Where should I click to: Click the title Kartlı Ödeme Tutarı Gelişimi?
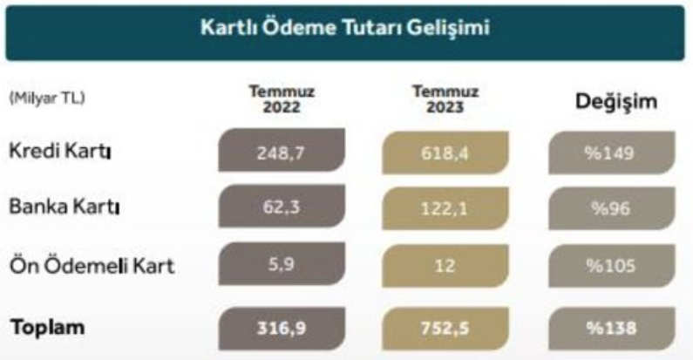pyautogui.click(x=345, y=27)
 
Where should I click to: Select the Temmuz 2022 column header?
pyautogui.click(x=282, y=99)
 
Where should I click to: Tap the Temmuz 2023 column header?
pyautogui.click(x=445, y=99)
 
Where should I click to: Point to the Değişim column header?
pyautogui.click(x=616, y=102)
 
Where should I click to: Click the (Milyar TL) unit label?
pyautogui.click(x=47, y=98)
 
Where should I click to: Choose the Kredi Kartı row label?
pyautogui.click(x=59, y=151)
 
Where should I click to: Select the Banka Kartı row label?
pyautogui.click(x=65, y=207)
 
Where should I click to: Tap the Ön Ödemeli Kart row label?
pyautogui.click(x=92, y=266)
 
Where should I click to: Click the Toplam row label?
pyautogui.click(x=47, y=328)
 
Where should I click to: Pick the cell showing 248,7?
pyautogui.click(x=282, y=150)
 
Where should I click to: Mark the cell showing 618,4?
pyautogui.click(x=445, y=153)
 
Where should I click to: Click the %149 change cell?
pyautogui.click(x=612, y=153)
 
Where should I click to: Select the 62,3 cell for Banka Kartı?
pyautogui.click(x=282, y=207)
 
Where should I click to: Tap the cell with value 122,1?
pyautogui.click(x=445, y=208)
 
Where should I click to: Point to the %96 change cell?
pyautogui.click(x=612, y=208)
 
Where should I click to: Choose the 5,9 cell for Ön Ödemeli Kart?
pyautogui.click(x=282, y=264)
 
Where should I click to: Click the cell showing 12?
pyautogui.click(x=445, y=266)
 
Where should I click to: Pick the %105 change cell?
pyautogui.click(x=612, y=266)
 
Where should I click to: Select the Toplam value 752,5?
pyautogui.click(x=445, y=329)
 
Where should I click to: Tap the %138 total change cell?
pyautogui.click(x=612, y=329)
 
